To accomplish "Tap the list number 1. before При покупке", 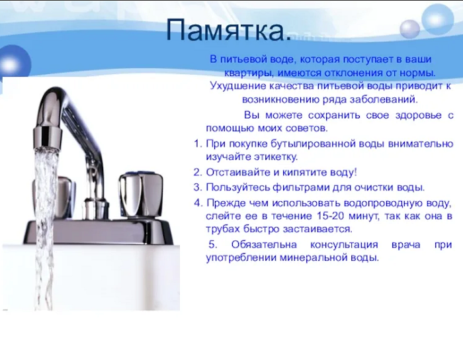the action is coord(198,144).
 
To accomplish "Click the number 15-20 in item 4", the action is coord(331,216).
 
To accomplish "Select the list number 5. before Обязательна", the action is coord(213,245).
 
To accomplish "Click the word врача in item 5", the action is coord(405,245).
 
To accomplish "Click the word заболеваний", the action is coord(384,100).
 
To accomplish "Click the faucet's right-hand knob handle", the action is coord(141,195).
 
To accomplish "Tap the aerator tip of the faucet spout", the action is coord(47,135).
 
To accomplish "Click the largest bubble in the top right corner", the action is coord(437,19).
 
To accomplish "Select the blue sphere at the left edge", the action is coord(14,63).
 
